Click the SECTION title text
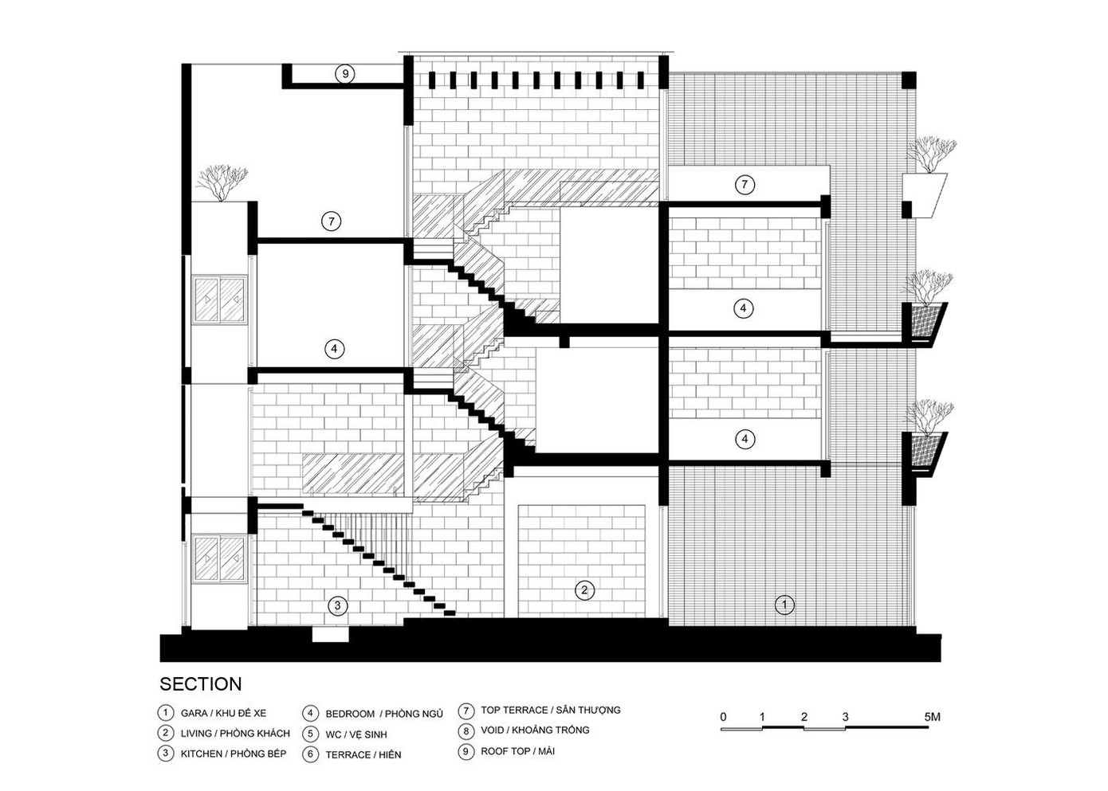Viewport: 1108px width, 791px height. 201,684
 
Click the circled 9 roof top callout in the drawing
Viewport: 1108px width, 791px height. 345,74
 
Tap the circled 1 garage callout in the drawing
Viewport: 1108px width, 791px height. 785,605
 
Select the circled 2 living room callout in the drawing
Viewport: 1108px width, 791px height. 585,590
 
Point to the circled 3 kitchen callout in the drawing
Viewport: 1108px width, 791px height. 338,606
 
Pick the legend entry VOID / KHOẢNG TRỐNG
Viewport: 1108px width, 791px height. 535,730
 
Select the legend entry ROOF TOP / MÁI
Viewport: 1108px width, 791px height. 517,751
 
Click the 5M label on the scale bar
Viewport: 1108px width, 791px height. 933,717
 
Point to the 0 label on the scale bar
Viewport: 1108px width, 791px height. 723,717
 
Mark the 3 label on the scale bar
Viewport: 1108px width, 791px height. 845,717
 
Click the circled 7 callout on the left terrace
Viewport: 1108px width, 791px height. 331,221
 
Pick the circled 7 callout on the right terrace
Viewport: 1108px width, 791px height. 745,185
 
